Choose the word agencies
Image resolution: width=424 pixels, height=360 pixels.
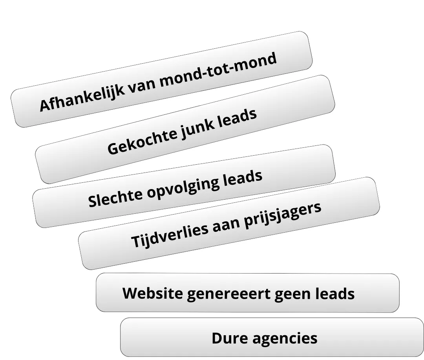pyautogui.click(x=284, y=338)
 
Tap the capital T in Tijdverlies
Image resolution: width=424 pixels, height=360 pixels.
pyautogui.click(x=135, y=241)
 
